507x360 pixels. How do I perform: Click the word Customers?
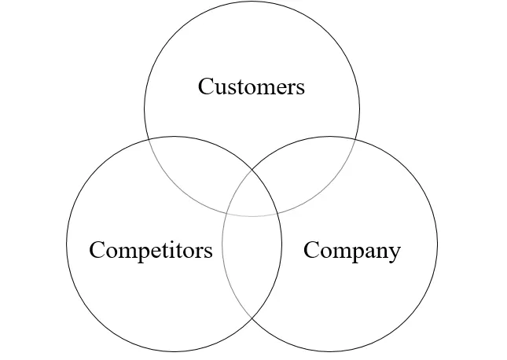coord(251,86)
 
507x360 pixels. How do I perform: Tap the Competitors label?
coord(150,250)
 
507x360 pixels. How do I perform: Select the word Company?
coord(351,251)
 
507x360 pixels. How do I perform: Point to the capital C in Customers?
coord(206,86)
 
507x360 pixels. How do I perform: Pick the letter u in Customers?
coord(221,87)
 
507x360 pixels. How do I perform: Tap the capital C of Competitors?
coord(97,250)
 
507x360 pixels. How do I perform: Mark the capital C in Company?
coord(311,250)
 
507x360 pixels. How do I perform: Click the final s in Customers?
coord(299,87)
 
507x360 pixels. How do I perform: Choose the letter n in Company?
coord(377,252)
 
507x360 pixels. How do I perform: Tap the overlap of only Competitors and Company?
coord(252,267)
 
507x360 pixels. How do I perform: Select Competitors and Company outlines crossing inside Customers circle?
coord(252,167)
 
